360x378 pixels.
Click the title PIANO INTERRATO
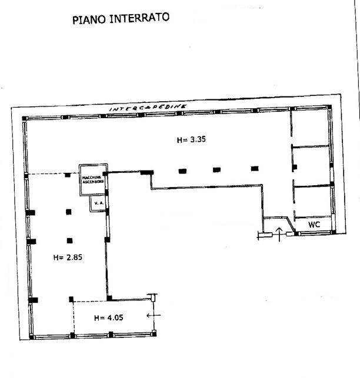point(121,18)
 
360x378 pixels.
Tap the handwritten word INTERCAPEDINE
point(148,108)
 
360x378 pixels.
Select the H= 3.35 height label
point(191,139)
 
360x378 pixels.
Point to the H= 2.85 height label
point(68,257)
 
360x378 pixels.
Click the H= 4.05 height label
point(109,317)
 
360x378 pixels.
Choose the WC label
point(314,225)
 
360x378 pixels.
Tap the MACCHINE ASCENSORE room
point(94,180)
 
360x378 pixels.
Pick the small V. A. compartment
point(98,203)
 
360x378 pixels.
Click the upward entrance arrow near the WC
point(279,234)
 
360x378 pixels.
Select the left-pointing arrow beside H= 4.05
point(154,315)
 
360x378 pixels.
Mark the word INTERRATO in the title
point(139,18)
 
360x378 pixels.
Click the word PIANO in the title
point(89,20)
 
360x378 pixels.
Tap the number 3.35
point(198,139)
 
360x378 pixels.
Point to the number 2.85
point(74,257)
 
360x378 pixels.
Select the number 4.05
point(115,317)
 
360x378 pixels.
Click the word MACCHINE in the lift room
point(92,178)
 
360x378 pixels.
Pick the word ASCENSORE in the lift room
point(94,182)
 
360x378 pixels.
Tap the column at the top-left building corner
point(25,118)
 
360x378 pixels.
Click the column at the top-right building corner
point(329,107)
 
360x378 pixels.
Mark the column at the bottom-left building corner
point(32,337)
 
